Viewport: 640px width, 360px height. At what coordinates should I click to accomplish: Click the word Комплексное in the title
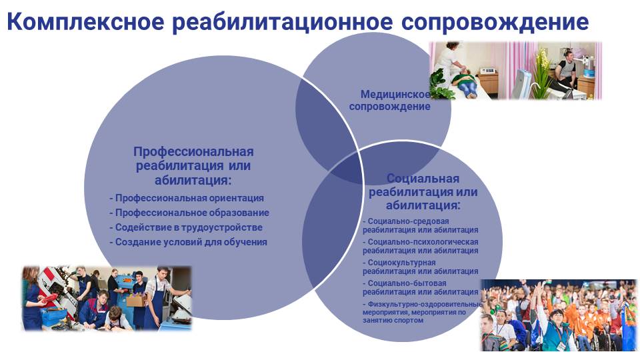(85, 21)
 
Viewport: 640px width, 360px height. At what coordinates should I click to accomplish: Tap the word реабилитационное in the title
(282, 23)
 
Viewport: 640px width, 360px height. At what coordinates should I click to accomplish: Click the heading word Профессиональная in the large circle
(193, 152)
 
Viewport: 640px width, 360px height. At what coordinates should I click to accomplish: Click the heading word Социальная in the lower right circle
(423, 179)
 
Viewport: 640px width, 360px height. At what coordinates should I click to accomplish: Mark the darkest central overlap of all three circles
(347, 167)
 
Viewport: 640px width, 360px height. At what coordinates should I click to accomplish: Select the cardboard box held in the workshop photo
(136, 301)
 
